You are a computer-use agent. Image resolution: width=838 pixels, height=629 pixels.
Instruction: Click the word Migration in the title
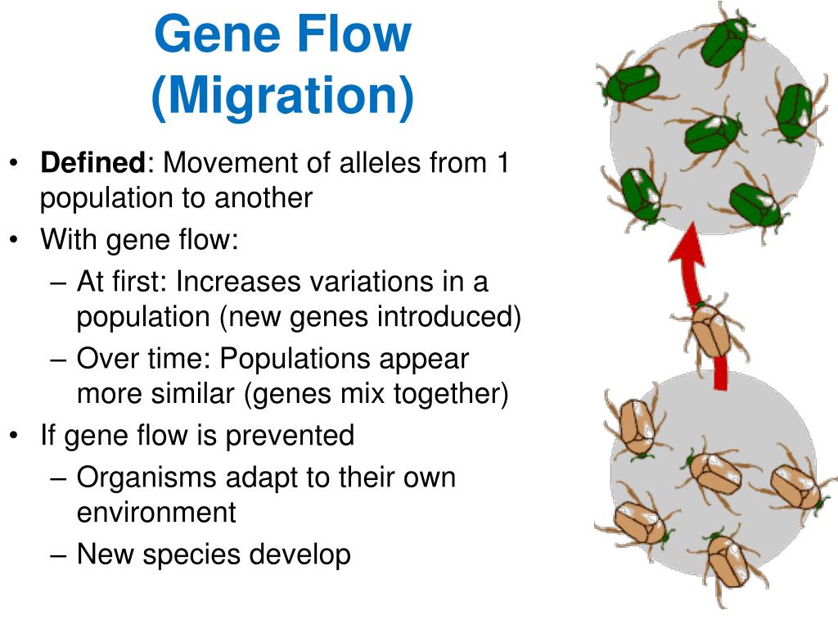tap(282, 96)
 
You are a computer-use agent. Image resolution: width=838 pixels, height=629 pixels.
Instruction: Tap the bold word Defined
tap(92, 163)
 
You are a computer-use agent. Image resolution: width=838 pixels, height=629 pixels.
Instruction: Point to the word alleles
tap(365, 163)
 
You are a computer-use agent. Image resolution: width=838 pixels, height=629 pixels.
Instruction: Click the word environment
tap(156, 513)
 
